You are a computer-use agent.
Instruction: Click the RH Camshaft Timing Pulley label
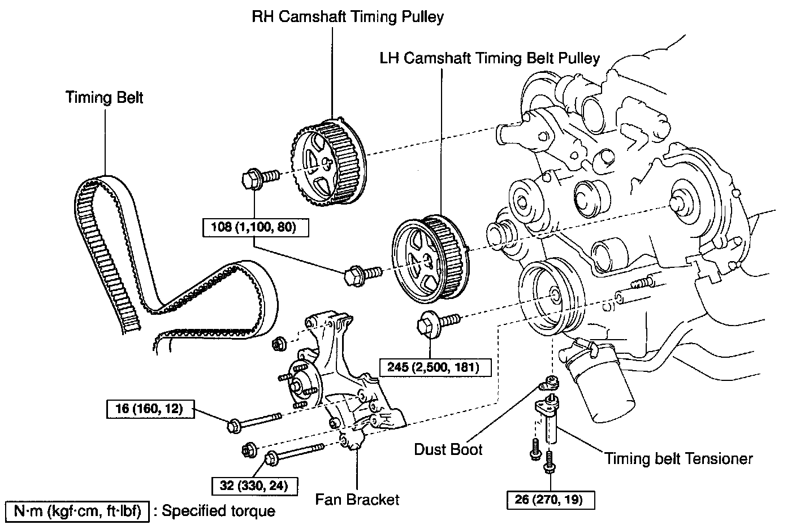click(x=348, y=17)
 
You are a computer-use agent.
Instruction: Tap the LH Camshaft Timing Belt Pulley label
click(x=490, y=58)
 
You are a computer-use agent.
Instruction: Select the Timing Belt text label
click(x=105, y=97)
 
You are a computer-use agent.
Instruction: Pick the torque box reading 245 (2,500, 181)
click(x=434, y=368)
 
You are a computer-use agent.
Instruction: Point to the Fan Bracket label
click(x=357, y=500)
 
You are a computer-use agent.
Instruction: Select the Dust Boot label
click(x=448, y=449)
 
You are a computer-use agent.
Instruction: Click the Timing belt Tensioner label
click(x=679, y=458)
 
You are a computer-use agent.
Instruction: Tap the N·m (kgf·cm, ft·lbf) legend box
click(x=77, y=511)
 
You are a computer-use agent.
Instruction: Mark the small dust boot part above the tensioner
click(x=548, y=383)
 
